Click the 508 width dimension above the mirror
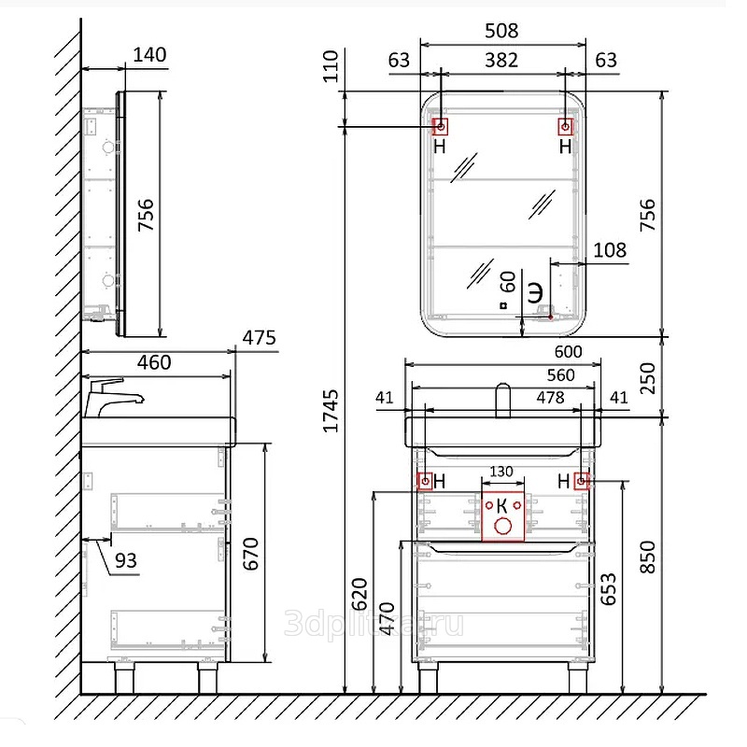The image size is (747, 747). (501, 31)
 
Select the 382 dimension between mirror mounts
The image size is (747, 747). (501, 61)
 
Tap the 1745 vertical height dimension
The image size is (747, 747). (331, 411)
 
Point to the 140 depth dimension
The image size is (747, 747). (149, 55)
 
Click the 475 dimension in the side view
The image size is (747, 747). (260, 338)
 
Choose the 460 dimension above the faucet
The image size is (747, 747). (154, 362)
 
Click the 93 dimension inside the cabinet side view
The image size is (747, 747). (126, 561)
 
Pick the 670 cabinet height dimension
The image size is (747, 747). (251, 554)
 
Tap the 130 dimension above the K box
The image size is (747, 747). (501, 472)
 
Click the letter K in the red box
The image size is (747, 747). (501, 505)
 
